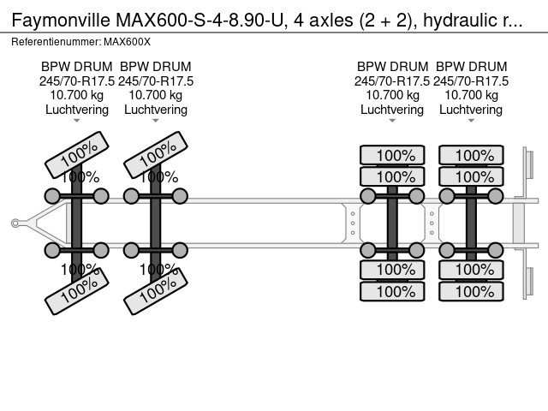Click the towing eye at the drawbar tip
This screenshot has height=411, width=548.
pos(15,223)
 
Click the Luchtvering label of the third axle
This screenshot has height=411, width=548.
pos(392,110)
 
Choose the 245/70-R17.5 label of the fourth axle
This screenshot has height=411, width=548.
pos(471,80)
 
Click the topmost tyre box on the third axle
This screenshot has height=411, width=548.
pos(392,155)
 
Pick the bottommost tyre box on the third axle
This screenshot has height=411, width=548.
pos(392,291)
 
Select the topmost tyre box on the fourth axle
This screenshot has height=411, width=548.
pos(471,155)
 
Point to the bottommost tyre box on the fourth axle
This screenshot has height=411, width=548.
pos(471,291)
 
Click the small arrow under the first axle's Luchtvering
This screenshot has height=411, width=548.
pos(77,121)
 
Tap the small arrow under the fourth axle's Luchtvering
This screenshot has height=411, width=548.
pos(471,121)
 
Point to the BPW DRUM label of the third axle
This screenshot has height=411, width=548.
pos(392,67)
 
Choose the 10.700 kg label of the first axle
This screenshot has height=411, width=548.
pos(77,95)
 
